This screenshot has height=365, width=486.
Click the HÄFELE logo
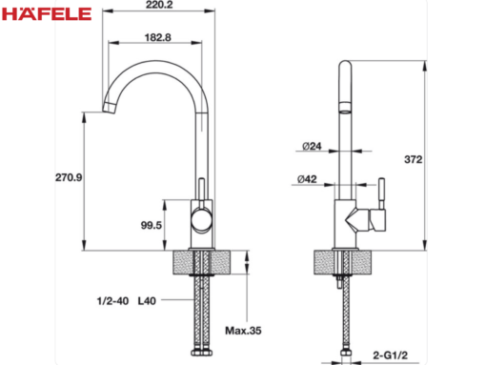(x=47, y=13)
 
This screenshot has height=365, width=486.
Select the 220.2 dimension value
(x=159, y=5)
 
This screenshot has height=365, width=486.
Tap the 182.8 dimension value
(x=157, y=37)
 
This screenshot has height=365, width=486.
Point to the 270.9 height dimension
(x=69, y=177)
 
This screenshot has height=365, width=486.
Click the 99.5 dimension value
(x=152, y=225)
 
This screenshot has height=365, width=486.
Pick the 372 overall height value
(x=414, y=159)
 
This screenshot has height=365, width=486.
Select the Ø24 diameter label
(x=312, y=146)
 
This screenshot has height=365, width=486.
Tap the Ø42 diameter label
(x=307, y=179)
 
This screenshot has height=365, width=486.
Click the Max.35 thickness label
(x=243, y=331)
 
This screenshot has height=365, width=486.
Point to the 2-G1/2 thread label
(x=390, y=355)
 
